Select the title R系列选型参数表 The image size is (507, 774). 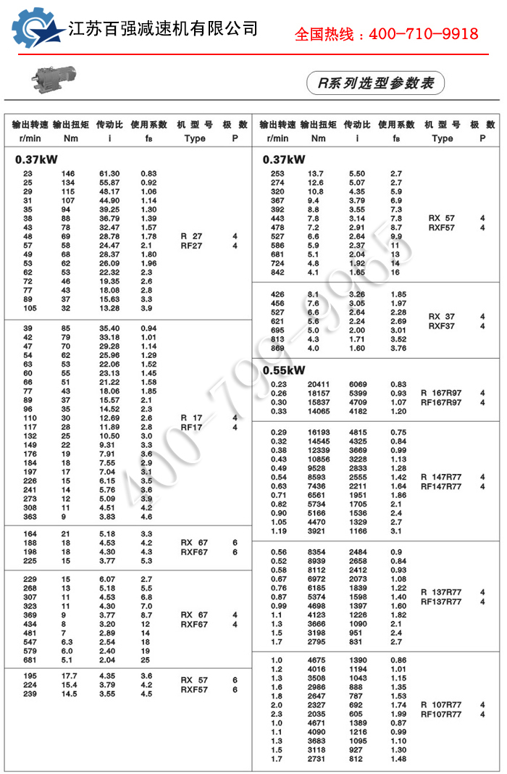point(376,84)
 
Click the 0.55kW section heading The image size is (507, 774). point(284,370)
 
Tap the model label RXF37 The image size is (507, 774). point(442,326)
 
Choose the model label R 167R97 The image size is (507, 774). point(441,393)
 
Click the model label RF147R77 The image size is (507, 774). point(441,487)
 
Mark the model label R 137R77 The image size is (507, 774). point(441,592)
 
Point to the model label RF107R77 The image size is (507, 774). point(441,715)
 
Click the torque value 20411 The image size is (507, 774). point(319,384)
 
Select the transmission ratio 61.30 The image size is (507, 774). point(109,174)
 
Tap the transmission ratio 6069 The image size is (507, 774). point(358,384)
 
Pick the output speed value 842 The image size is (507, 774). point(278,272)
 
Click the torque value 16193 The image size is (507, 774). point(319,433)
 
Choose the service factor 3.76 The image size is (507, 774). point(399,348)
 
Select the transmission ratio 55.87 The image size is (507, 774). point(109,183)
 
